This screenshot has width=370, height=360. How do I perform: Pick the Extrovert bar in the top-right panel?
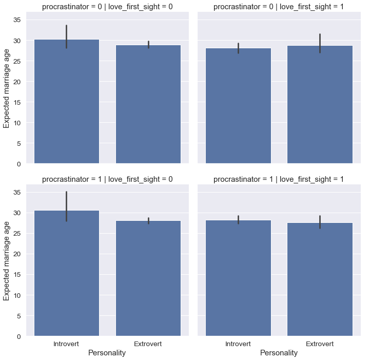(320, 105)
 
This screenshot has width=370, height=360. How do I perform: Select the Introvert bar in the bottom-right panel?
(238, 278)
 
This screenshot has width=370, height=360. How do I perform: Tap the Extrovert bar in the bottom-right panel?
(320, 279)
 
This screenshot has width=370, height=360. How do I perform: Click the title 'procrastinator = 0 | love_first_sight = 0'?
(107, 7)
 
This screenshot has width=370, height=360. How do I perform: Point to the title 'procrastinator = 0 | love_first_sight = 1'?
(279, 7)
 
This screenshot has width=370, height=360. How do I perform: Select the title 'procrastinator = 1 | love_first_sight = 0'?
(107, 179)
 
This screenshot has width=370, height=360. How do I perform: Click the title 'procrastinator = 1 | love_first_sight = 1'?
(279, 179)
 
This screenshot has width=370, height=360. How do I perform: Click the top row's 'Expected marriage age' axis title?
(7, 92)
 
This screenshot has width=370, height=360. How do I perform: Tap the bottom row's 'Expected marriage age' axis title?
(7, 264)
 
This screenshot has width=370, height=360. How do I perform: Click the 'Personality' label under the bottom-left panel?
(107, 353)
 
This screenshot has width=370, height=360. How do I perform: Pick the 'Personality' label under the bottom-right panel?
(279, 353)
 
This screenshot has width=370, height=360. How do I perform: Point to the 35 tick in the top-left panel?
(17, 20)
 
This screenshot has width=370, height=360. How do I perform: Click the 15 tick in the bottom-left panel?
(17, 275)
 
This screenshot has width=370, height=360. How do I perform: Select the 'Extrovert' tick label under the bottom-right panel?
(320, 344)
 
